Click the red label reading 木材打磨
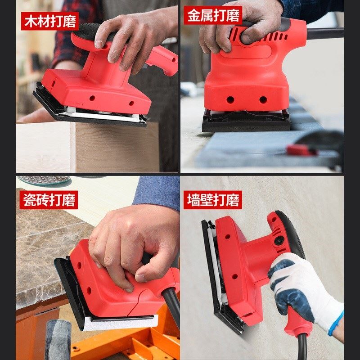[50, 21]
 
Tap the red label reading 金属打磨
[213, 15]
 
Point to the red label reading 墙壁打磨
[213, 200]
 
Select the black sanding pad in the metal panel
[246, 122]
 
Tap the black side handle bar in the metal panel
[324, 33]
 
